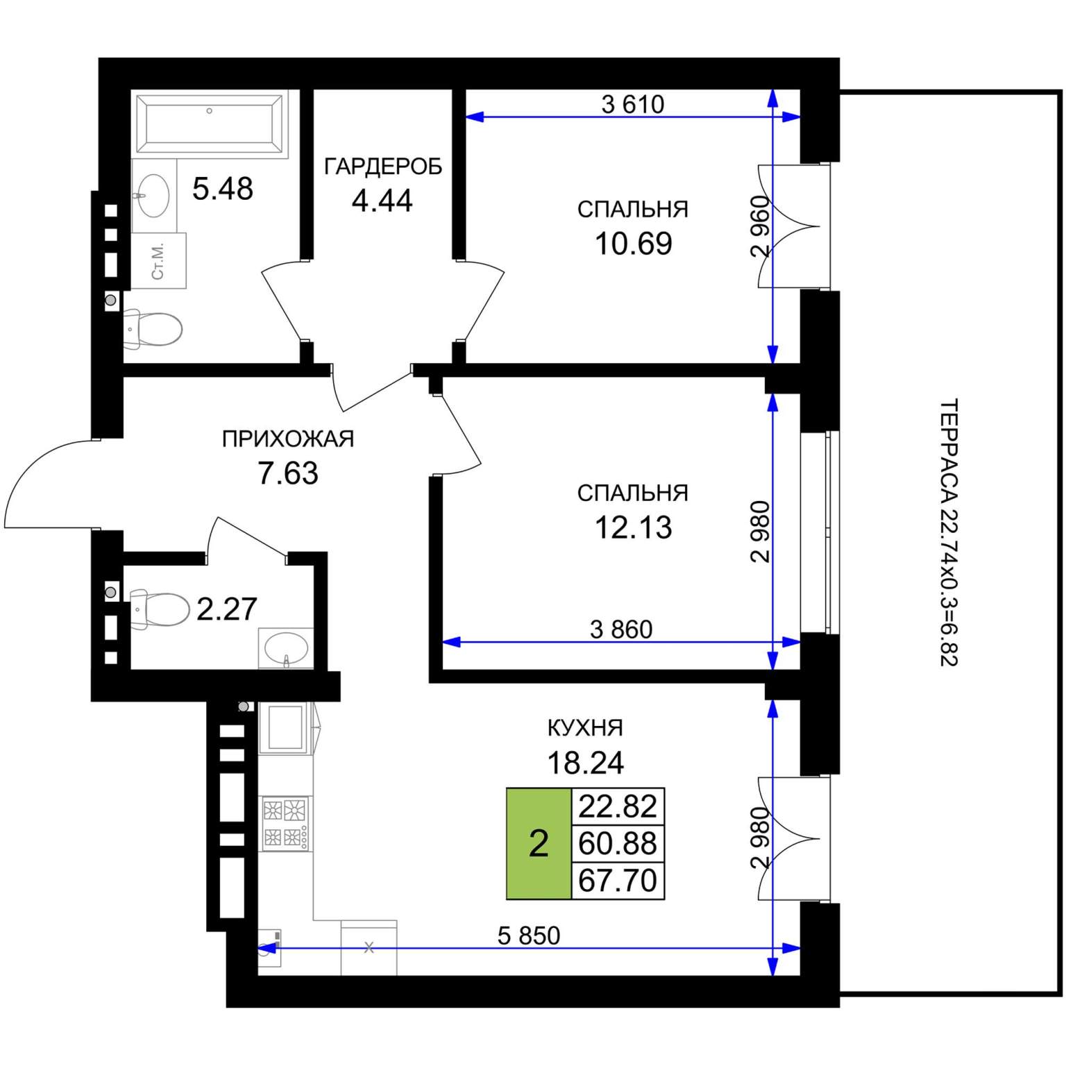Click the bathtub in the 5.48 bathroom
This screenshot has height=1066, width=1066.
pyautogui.click(x=210, y=123)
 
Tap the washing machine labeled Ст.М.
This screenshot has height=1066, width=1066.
pyautogui.click(x=159, y=260)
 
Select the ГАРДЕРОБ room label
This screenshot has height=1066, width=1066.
pyautogui.click(x=383, y=167)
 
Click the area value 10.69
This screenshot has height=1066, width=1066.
pyautogui.click(x=634, y=244)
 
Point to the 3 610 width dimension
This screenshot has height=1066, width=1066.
pyautogui.click(x=633, y=104)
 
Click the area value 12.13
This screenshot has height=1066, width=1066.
pyautogui.click(x=634, y=527)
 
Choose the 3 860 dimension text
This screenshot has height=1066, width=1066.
pyautogui.click(x=621, y=629)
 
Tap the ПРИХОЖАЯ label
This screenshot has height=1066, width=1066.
pyautogui.click(x=288, y=439)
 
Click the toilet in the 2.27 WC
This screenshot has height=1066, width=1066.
pyautogui.click(x=159, y=609)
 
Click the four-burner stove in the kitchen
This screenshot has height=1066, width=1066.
pyautogui.click(x=286, y=824)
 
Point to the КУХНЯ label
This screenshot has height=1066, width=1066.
pyautogui.click(x=586, y=727)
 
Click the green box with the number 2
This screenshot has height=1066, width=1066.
pyautogui.click(x=539, y=844)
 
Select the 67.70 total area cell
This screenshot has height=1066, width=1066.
pyautogui.click(x=618, y=881)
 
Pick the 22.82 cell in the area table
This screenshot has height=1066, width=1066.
pyautogui.click(x=618, y=806)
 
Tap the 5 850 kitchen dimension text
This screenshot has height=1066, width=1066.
pyautogui.click(x=529, y=936)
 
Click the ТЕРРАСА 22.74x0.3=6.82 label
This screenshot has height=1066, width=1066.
pyautogui.click(x=949, y=532)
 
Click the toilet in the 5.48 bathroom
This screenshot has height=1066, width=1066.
pyautogui.click(x=153, y=329)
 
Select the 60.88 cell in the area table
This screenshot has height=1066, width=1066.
pyautogui.click(x=618, y=844)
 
